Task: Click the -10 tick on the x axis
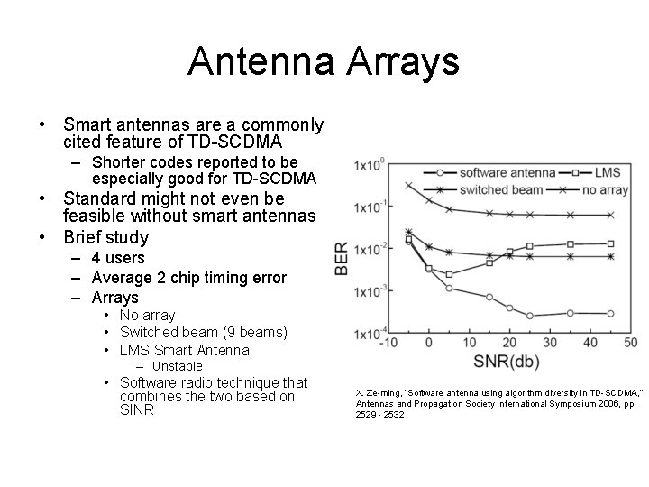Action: pyautogui.click(x=388, y=343)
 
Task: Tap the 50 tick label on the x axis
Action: pyautogui.click(x=630, y=343)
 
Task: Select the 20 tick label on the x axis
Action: pyautogui.click(x=508, y=343)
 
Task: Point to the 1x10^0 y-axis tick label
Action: pyautogui.click(x=370, y=165)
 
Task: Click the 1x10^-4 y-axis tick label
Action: pyautogui.click(x=370, y=333)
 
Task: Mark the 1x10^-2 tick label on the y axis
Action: pyautogui.click(x=370, y=249)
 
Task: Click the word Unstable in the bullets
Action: pyautogui.click(x=177, y=366)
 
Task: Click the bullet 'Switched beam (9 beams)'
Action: pyautogui.click(x=203, y=332)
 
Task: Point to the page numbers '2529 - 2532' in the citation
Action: pyautogui.click(x=379, y=414)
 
